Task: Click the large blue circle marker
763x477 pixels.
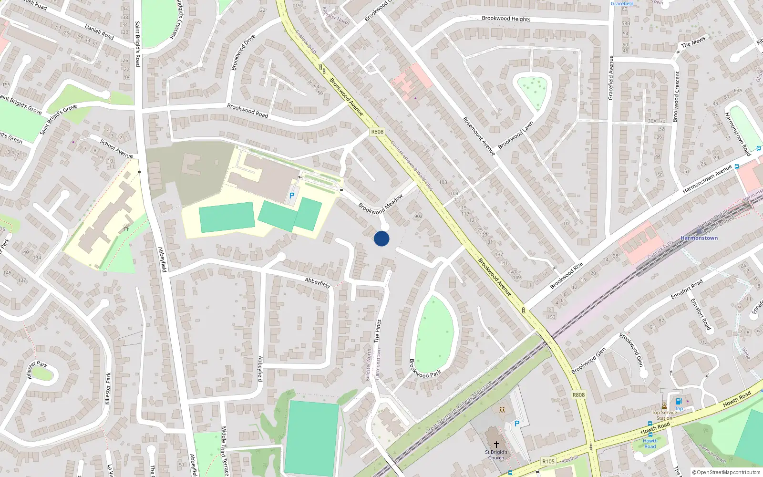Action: pyautogui.click(x=381, y=238)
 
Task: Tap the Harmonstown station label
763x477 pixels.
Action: pyautogui.click(x=699, y=238)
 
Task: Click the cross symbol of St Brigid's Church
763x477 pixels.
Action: pyautogui.click(x=496, y=444)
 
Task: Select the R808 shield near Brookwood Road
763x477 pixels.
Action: pyautogui.click(x=377, y=132)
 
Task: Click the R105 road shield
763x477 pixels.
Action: pyautogui.click(x=548, y=461)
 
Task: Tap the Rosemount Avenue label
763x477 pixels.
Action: pyautogui.click(x=479, y=136)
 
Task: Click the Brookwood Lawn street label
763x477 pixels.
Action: pyautogui.click(x=516, y=135)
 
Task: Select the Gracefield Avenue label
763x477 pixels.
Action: pyautogui.click(x=610, y=78)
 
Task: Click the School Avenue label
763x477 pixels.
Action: pyautogui.click(x=116, y=148)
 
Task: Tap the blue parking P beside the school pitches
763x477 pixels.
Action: pyautogui.click(x=292, y=196)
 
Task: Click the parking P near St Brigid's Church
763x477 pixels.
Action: pyautogui.click(x=516, y=424)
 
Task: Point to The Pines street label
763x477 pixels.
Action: pyautogui.click(x=378, y=331)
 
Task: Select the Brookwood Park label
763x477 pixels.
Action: pyautogui.click(x=425, y=369)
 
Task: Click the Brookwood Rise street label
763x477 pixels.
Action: pyautogui.click(x=566, y=276)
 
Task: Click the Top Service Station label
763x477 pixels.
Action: pyautogui.click(x=665, y=415)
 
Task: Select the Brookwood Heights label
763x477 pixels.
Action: pyautogui.click(x=506, y=19)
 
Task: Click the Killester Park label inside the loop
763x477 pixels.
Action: pyautogui.click(x=37, y=370)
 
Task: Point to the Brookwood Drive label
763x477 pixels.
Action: pyautogui.click(x=243, y=52)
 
